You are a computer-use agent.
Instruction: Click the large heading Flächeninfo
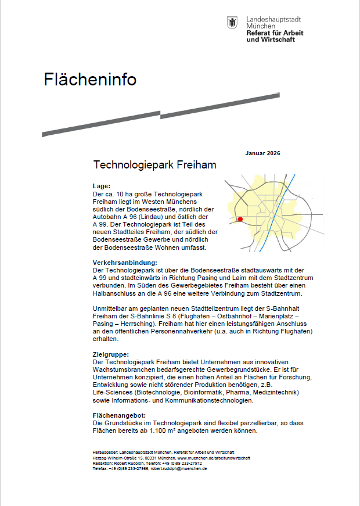click(90, 80)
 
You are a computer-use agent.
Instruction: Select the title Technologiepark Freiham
click(154, 165)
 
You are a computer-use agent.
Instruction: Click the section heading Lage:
click(102, 186)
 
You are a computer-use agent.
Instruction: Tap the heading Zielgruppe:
click(110, 354)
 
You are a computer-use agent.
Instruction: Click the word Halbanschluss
click(118, 293)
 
